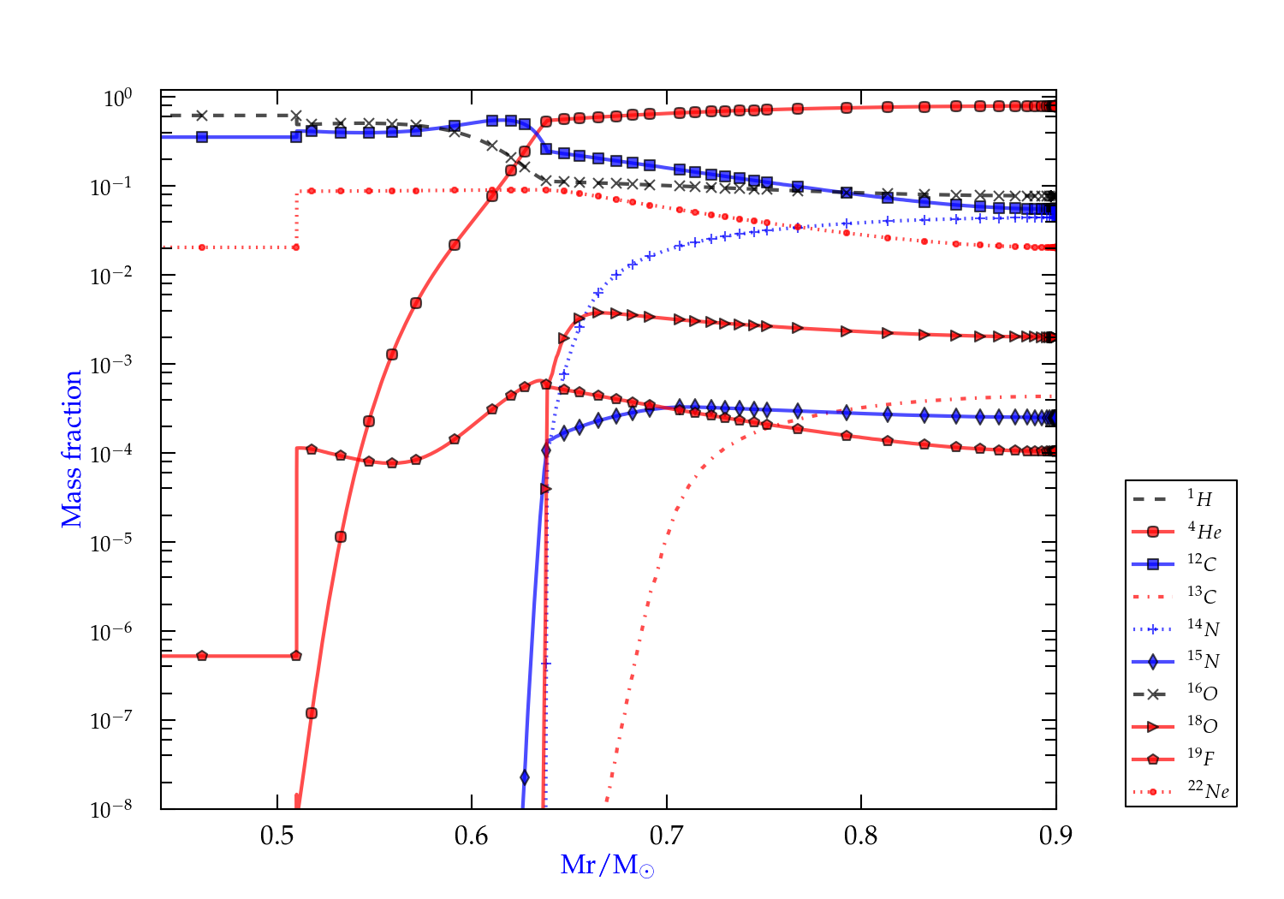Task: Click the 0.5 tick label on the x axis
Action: (x=277, y=836)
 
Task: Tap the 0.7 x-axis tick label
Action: (x=667, y=836)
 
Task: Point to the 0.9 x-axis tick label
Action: (x=1055, y=836)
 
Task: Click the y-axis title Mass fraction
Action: (x=72, y=449)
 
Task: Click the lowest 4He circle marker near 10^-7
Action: (x=312, y=713)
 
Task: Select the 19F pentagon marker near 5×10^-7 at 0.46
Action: (x=202, y=656)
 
